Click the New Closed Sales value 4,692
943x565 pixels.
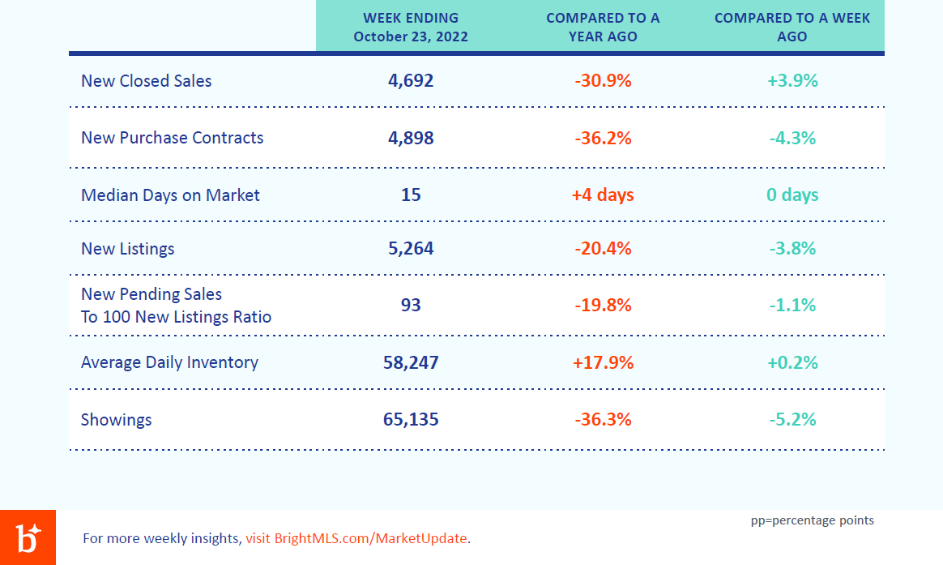(411, 80)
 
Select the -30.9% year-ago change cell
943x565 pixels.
(603, 80)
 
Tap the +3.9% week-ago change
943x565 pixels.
(792, 80)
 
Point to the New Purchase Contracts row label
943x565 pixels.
(172, 138)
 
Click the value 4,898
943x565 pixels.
(411, 138)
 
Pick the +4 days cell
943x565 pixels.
(603, 195)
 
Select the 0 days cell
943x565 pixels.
(792, 195)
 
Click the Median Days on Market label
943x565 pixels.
(170, 195)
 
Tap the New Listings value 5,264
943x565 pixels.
(411, 249)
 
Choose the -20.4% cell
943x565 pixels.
(603, 249)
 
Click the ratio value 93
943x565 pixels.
(411, 305)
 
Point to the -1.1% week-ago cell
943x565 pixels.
(792, 305)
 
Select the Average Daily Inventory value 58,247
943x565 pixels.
(411, 362)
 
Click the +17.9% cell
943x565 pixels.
(603, 362)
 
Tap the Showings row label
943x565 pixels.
(116, 419)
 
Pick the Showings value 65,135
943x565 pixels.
(411, 419)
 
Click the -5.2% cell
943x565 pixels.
(792, 419)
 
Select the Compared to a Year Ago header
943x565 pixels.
(603, 27)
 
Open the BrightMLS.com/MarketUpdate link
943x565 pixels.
(356, 538)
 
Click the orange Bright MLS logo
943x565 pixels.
(28, 537)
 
